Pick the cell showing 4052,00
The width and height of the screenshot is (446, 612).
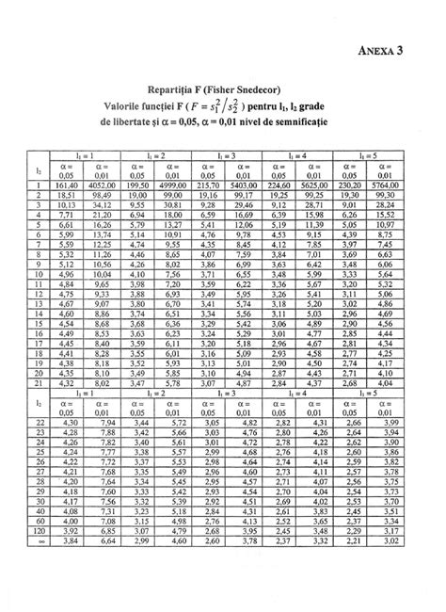100,185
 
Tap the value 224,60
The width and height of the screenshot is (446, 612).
277,185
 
